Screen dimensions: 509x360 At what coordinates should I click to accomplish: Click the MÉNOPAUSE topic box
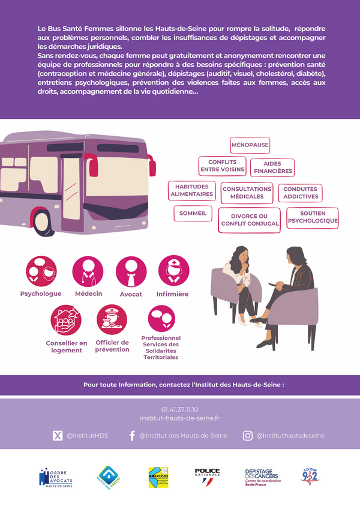point(250,145)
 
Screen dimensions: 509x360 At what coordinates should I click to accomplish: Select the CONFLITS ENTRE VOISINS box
point(222,166)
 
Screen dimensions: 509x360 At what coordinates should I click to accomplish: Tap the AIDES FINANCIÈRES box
point(272,167)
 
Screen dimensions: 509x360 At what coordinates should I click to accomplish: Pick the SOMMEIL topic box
point(193,213)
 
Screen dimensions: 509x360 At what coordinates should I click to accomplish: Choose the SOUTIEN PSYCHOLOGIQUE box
point(312,217)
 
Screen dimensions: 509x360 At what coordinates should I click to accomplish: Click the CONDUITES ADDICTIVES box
point(300,193)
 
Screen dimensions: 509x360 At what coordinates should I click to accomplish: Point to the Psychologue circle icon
point(41,271)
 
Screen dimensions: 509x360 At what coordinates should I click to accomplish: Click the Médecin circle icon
point(88,271)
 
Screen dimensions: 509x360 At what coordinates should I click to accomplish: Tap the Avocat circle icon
point(131,271)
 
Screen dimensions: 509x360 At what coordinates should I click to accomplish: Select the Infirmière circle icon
point(173,271)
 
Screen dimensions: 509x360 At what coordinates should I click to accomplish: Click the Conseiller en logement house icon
point(66,319)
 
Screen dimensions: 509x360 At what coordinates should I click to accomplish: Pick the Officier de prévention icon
point(112,319)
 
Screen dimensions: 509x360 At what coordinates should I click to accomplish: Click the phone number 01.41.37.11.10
point(179,409)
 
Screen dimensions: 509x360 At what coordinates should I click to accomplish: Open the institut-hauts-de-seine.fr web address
point(179,418)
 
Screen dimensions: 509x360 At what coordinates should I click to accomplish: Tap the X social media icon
point(58,436)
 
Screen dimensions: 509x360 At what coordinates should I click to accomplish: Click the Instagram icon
point(247,436)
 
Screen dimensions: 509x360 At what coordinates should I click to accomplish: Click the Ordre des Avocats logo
point(57,478)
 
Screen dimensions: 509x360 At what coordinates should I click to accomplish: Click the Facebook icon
point(132,436)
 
